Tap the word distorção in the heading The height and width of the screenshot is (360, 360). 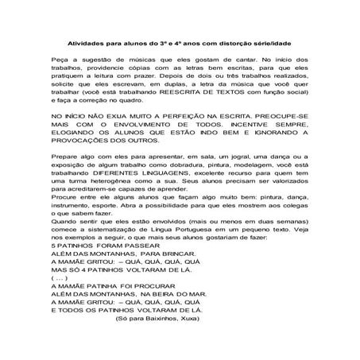pos(243,44)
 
